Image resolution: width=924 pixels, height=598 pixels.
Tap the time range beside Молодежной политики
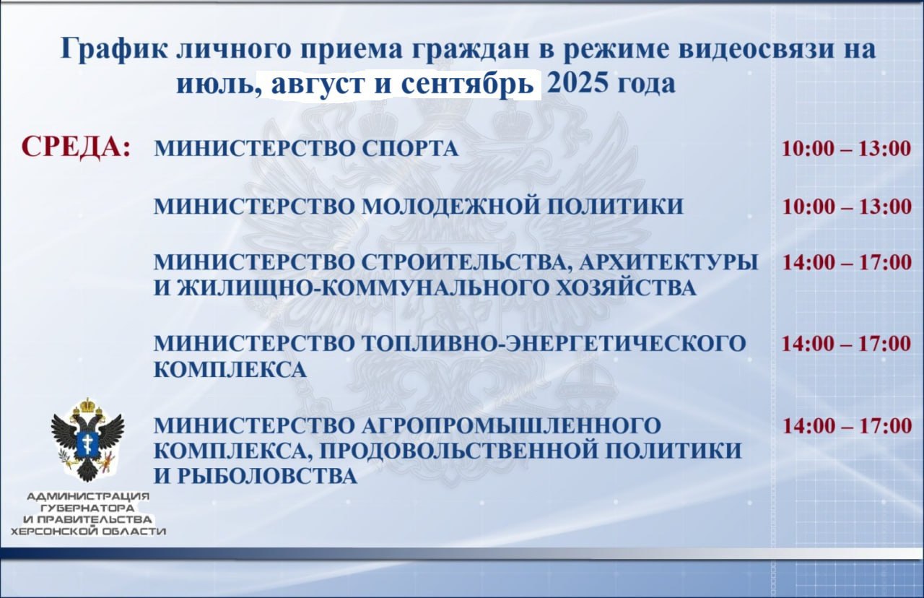[847, 207]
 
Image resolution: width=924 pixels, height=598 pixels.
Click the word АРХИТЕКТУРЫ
[669, 262]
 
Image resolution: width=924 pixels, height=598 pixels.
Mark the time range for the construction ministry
[847, 262]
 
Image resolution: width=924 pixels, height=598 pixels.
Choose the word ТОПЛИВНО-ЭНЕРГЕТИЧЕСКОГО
[554, 343]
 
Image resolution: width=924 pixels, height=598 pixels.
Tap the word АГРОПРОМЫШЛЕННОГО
[512, 425]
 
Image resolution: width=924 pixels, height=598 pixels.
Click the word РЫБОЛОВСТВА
[267, 476]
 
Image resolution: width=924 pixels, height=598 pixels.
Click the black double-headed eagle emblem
[87, 440]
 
